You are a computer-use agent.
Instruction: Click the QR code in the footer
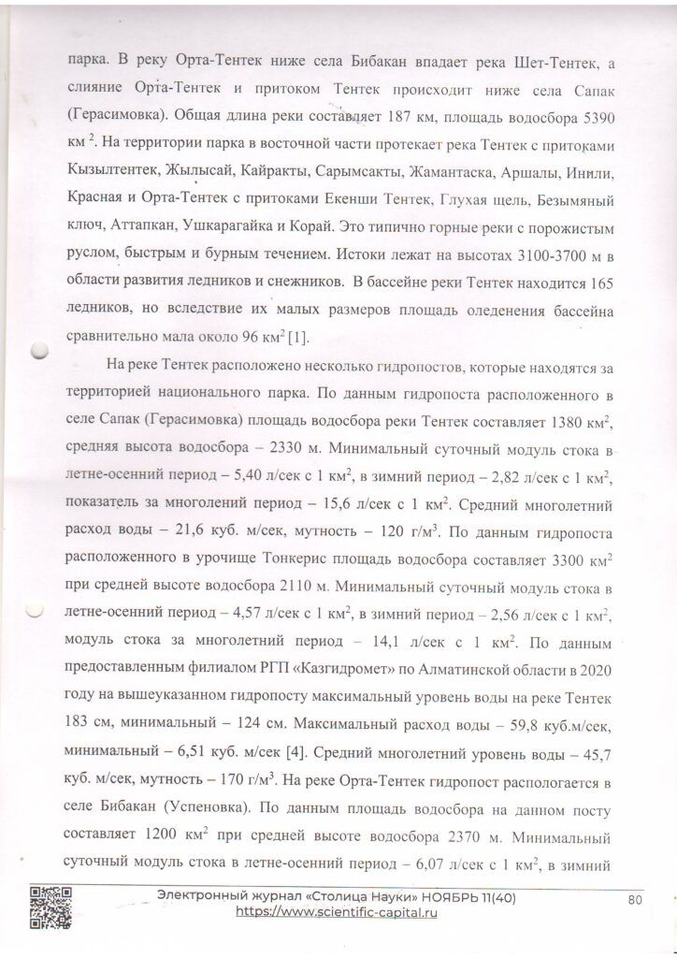pos(48,905)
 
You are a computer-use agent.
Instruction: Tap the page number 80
pos(636,899)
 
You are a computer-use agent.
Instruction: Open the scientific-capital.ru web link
pos(336,912)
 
